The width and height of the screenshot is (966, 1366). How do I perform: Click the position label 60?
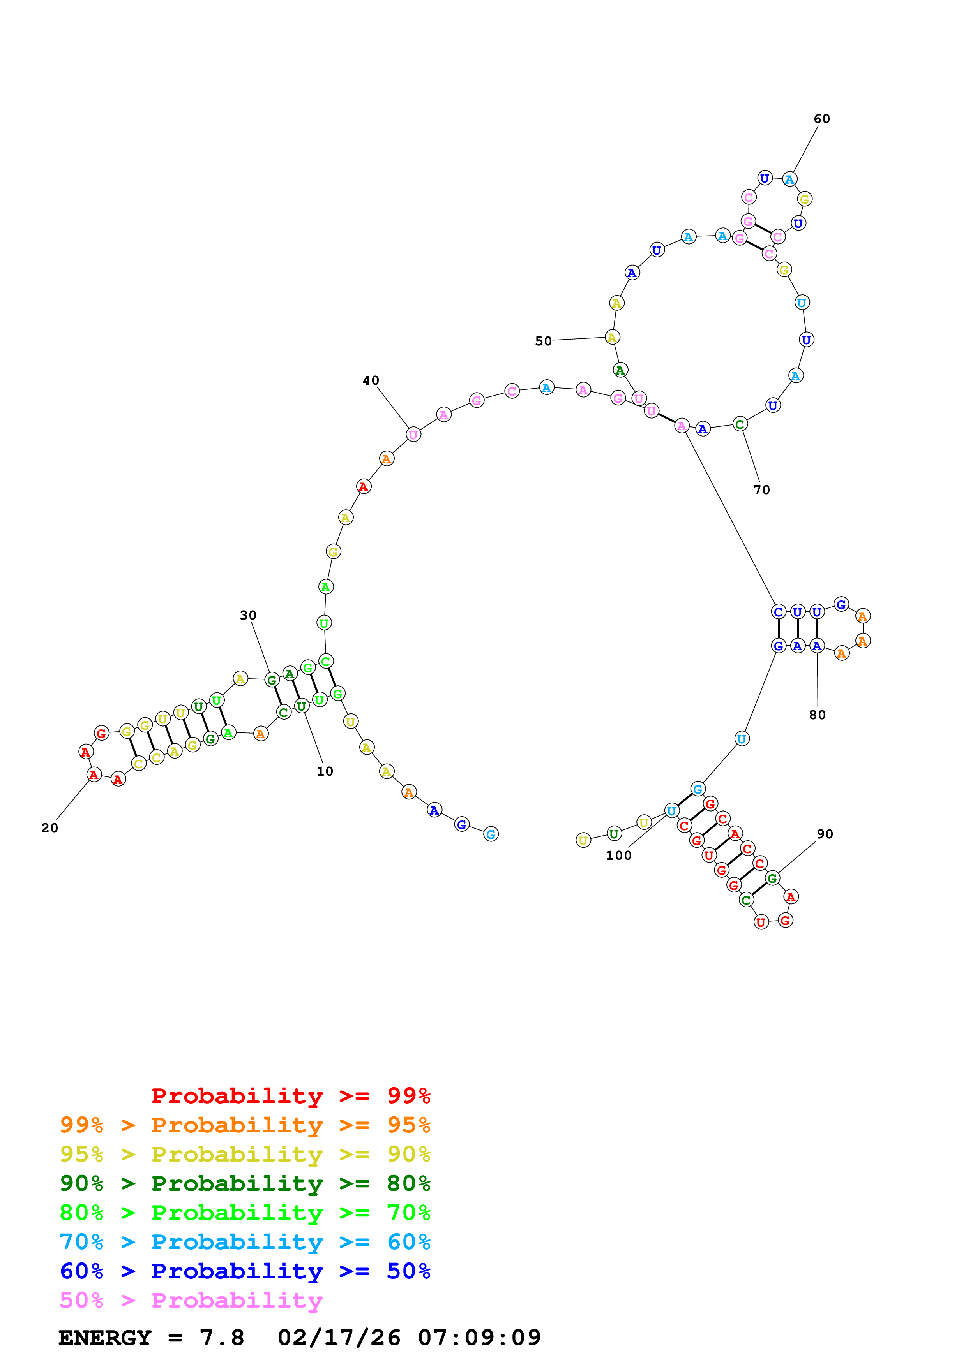click(x=821, y=119)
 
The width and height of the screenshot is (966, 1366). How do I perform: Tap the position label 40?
click(x=371, y=381)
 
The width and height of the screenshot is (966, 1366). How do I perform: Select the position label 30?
click(x=248, y=615)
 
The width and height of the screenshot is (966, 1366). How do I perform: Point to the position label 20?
click(x=50, y=828)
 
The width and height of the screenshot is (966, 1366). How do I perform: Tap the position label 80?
click(x=817, y=715)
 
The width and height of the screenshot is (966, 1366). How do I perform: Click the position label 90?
click(x=825, y=834)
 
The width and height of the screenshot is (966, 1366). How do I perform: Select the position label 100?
click(x=618, y=856)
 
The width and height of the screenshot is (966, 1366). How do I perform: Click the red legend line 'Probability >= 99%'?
click(x=290, y=1096)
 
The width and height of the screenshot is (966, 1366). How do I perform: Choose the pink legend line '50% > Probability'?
click(x=191, y=1301)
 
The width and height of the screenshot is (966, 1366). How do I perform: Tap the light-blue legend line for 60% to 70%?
click(x=245, y=1242)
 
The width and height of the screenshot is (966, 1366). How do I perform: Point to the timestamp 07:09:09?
click(x=479, y=1338)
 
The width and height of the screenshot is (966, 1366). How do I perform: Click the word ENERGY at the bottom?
click(x=105, y=1338)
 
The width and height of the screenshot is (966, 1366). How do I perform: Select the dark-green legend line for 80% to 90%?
click(x=245, y=1183)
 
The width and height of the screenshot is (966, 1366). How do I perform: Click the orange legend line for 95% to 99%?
click(x=245, y=1125)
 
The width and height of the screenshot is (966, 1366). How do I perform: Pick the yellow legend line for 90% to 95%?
click(x=245, y=1154)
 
